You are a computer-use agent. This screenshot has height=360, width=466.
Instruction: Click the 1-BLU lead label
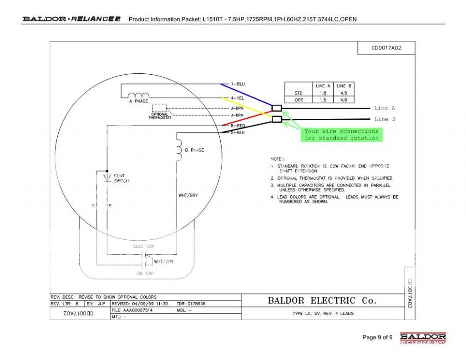pyautogui.click(x=238, y=84)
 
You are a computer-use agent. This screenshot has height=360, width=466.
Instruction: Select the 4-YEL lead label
pyautogui.click(x=238, y=98)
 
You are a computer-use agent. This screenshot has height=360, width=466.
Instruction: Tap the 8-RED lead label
pyautogui.click(x=238, y=125)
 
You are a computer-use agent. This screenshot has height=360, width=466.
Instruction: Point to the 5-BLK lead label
pyautogui.click(x=238, y=132)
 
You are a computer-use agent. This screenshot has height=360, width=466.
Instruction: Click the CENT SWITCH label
pyautogui.click(x=121, y=178)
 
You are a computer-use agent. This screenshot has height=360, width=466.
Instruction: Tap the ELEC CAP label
pyautogui.click(x=144, y=246)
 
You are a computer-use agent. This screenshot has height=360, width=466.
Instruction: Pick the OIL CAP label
pyautogui.click(x=146, y=274)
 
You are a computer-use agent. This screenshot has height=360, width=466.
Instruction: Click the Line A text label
pyautogui.click(x=385, y=108)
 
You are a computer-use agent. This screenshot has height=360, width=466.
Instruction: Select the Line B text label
pyautogui.click(x=385, y=119)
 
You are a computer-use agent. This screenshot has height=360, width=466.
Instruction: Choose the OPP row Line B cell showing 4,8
pyautogui.click(x=344, y=100)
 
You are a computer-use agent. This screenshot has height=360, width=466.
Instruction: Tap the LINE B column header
pyautogui.click(x=344, y=86)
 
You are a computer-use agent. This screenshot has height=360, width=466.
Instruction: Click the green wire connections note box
pyautogui.click(x=341, y=134)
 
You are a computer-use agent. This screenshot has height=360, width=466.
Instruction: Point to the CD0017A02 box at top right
pyautogui.click(x=386, y=48)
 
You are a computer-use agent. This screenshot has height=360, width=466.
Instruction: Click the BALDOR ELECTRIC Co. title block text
pyautogui.click(x=322, y=300)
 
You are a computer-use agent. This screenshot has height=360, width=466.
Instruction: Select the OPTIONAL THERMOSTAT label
pyautogui.click(x=160, y=116)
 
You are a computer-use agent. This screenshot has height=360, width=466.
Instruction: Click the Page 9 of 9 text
pyautogui.click(x=377, y=337)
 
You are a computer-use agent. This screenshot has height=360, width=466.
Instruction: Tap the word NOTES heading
pyautogui.click(x=278, y=159)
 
